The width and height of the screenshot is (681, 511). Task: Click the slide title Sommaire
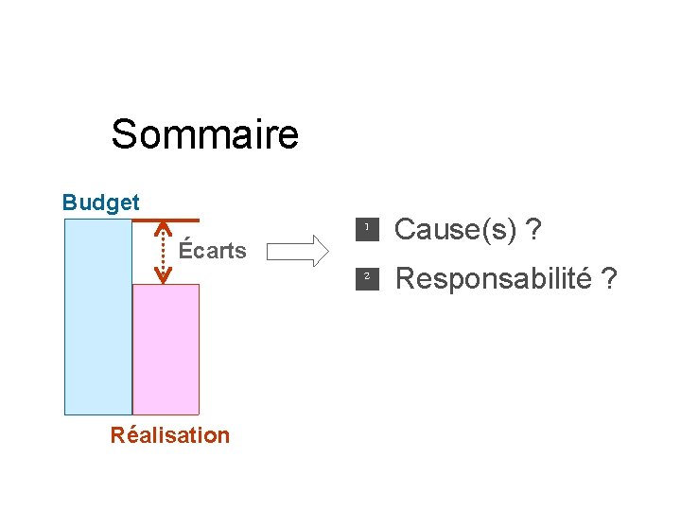click(204, 134)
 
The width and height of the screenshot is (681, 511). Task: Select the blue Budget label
click(100, 203)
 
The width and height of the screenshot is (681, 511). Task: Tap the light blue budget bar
click(97, 317)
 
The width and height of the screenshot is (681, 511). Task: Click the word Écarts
click(213, 251)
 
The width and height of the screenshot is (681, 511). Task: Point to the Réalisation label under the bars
click(170, 435)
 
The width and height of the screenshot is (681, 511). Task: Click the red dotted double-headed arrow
click(163, 253)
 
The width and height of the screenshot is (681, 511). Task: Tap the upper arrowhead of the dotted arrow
click(163, 228)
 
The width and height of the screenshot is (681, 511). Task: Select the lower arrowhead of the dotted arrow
click(163, 277)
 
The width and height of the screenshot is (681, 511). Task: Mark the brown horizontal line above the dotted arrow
click(166, 220)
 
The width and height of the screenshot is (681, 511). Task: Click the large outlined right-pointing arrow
click(295, 252)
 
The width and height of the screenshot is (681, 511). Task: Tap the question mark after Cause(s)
click(535, 229)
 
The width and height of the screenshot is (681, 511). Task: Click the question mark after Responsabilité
click(610, 279)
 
